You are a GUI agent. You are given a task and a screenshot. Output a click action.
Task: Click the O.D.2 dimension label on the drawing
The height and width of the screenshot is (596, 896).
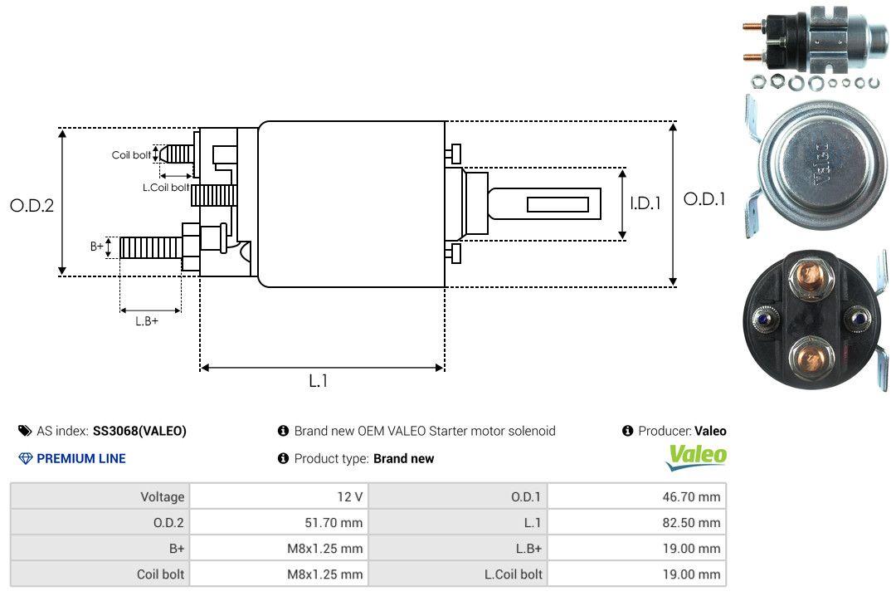32,205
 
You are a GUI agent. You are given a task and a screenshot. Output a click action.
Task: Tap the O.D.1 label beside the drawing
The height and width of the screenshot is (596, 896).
704,199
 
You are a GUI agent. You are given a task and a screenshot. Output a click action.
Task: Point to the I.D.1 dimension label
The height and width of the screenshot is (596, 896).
645,203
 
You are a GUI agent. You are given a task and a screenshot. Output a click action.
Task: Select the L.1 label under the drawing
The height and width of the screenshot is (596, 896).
319,381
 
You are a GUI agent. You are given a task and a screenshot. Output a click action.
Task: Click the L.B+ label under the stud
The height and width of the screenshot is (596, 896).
147,321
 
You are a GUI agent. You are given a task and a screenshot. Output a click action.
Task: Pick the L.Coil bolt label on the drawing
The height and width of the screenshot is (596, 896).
166,187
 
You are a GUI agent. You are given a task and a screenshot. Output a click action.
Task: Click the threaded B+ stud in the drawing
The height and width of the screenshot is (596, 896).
151,247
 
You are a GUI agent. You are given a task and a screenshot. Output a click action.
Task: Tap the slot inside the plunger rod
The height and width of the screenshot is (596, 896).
558,204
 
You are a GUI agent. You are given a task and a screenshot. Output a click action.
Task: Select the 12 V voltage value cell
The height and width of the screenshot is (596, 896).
350,496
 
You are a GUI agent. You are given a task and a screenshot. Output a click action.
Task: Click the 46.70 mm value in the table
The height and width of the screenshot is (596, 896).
691,496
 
